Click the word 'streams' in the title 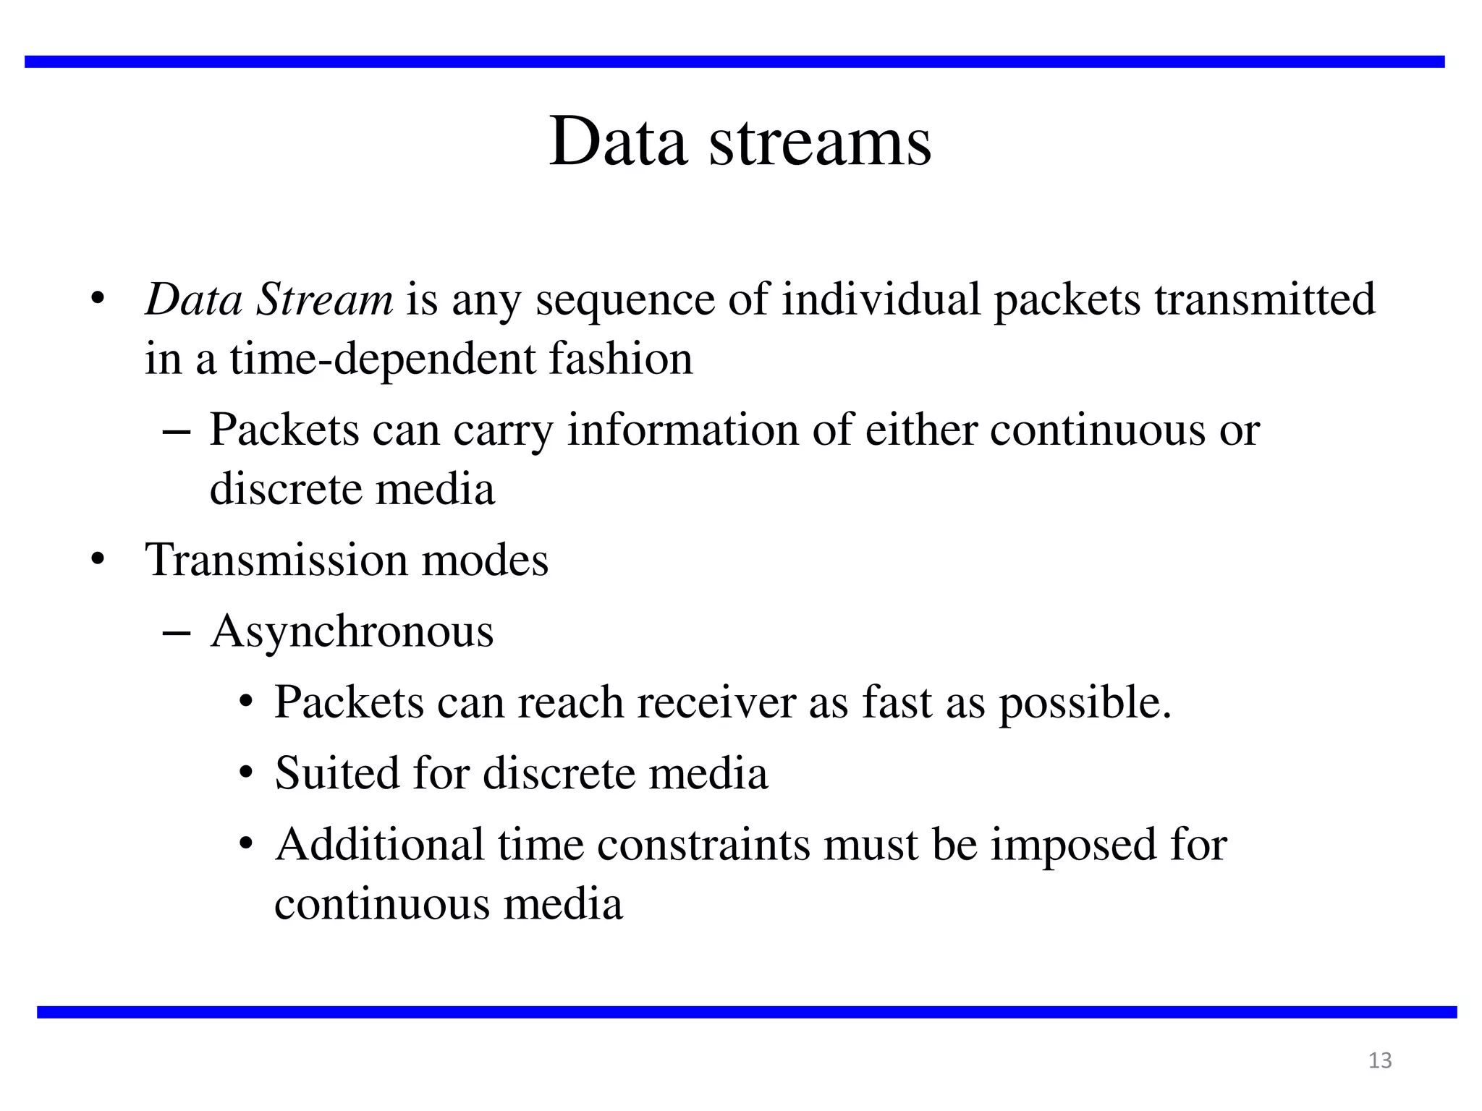[820, 142]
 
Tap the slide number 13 [1380, 1060]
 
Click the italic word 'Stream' [325, 299]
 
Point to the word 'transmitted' [1264, 299]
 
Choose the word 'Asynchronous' [352, 632]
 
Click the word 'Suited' [337, 773]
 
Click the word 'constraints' [703, 845]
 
